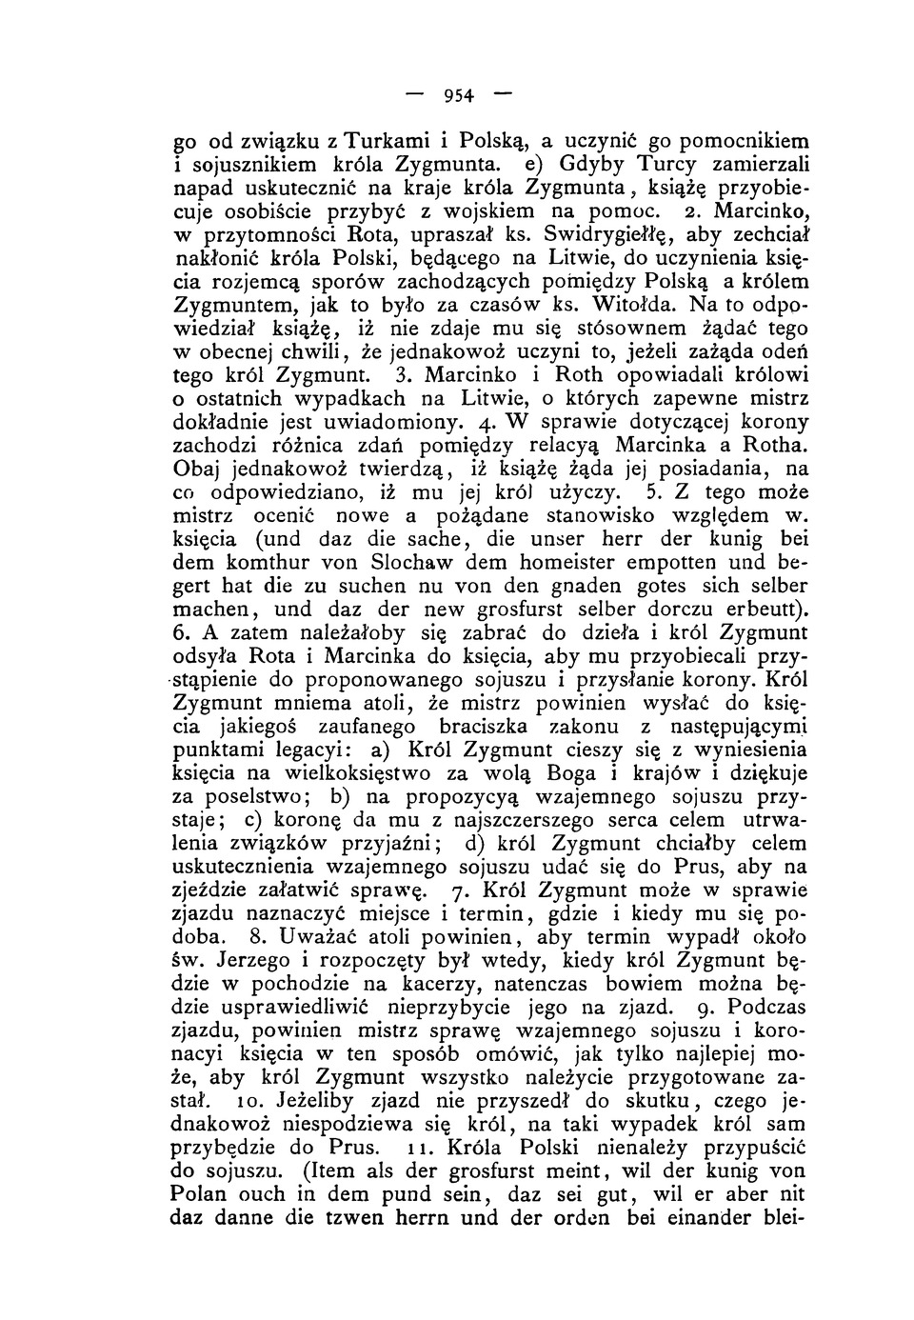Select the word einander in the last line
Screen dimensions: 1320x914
pos(698,1217)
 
